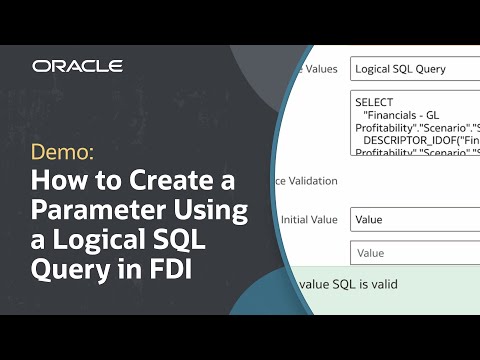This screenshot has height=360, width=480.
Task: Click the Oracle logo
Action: click(x=77, y=66)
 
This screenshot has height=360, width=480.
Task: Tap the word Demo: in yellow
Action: click(x=62, y=153)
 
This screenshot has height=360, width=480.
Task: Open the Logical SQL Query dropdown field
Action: click(x=410, y=70)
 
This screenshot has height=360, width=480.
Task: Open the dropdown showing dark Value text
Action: click(x=410, y=219)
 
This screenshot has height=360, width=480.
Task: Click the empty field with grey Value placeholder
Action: click(x=410, y=253)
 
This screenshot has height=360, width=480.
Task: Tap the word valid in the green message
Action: click(x=378, y=284)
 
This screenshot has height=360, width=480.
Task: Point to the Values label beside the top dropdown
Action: click(x=321, y=70)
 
